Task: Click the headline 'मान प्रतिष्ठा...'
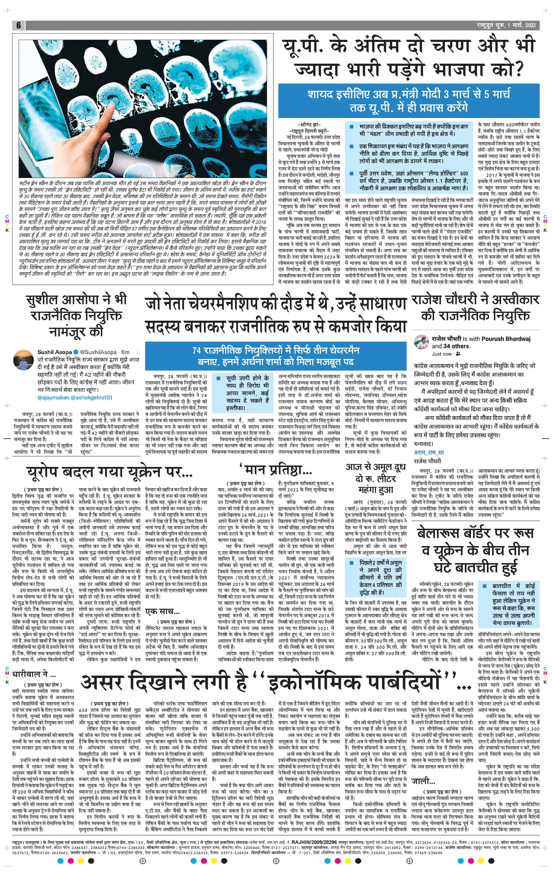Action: coord(275,471)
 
